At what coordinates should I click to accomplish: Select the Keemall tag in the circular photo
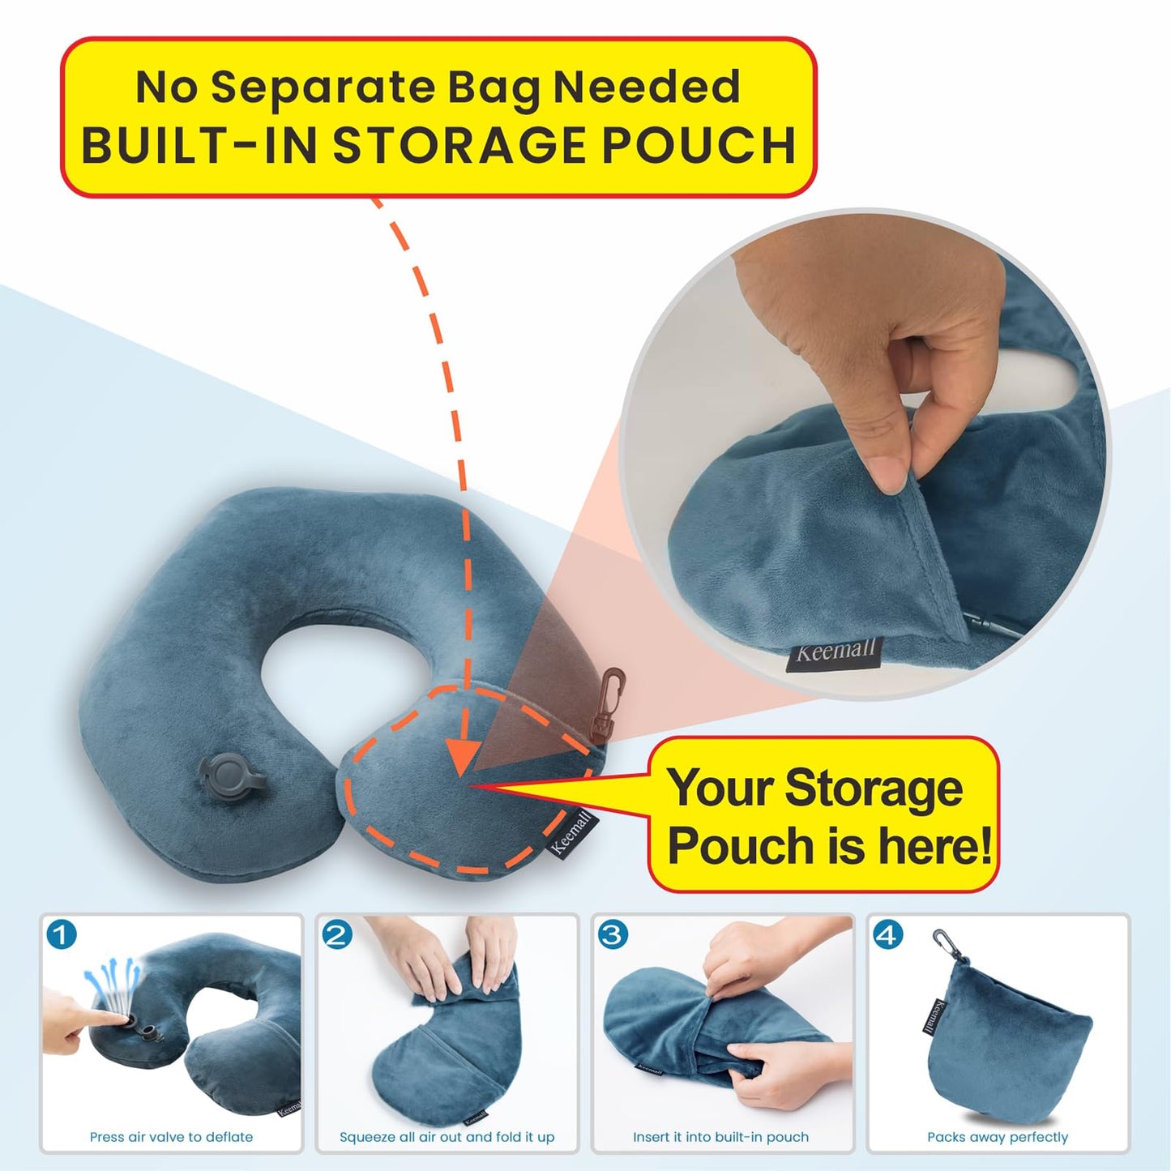[x=834, y=652]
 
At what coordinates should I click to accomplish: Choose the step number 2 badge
[x=337, y=934]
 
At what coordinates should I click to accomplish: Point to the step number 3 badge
[x=613, y=934]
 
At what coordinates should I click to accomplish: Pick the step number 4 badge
[x=888, y=934]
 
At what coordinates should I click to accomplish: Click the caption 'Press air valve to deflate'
[x=171, y=1137]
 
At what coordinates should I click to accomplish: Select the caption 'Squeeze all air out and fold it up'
[x=447, y=1137]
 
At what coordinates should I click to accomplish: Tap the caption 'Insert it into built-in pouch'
[x=720, y=1137]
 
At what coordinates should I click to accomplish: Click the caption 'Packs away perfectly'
[x=998, y=1137]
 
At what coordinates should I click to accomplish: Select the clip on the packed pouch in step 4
[x=942, y=943]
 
